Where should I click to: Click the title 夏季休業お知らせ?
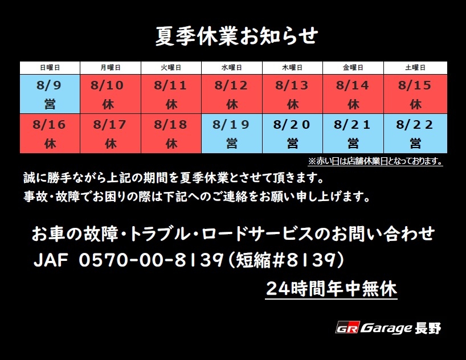click(x=236, y=36)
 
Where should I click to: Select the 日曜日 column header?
click(x=50, y=68)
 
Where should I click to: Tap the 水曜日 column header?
click(x=232, y=68)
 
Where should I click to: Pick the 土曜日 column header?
click(x=415, y=68)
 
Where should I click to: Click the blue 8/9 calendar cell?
click(x=50, y=94)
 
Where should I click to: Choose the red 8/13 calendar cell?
click(x=292, y=94)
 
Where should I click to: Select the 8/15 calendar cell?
click(x=415, y=94)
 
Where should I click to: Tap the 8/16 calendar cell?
click(x=50, y=133)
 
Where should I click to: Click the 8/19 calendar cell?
click(x=232, y=133)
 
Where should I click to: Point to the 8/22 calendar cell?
click(x=415, y=133)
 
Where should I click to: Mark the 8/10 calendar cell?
click(x=111, y=94)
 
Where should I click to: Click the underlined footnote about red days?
click(x=375, y=161)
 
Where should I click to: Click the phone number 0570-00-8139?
click(x=151, y=260)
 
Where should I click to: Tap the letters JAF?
click(x=51, y=260)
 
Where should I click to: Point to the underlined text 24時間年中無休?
click(x=331, y=289)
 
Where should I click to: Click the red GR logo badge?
click(x=348, y=328)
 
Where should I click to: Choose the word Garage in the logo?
click(x=386, y=328)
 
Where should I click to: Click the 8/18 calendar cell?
click(x=171, y=133)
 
